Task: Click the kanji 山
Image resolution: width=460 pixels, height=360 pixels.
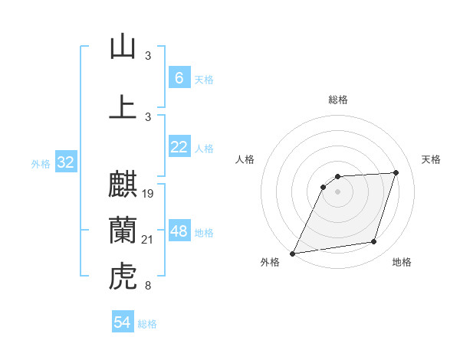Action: click(123, 47)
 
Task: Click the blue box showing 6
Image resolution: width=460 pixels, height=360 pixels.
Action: click(179, 78)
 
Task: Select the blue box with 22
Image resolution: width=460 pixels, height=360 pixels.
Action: click(179, 148)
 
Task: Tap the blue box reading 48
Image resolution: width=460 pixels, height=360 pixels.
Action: click(179, 232)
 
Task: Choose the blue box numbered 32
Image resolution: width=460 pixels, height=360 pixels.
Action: click(65, 163)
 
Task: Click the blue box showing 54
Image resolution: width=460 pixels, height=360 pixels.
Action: click(122, 323)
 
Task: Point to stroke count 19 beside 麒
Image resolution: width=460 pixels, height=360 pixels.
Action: click(149, 194)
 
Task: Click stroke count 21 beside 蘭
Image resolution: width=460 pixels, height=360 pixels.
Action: click(149, 241)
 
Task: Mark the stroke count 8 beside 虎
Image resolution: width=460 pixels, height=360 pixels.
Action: click(148, 286)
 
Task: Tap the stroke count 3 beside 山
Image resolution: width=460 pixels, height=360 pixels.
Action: click(148, 56)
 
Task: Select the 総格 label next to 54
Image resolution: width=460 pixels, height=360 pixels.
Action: click(147, 324)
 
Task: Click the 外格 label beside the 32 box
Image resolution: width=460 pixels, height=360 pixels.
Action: click(41, 164)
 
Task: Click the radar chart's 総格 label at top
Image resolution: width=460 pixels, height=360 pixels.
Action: click(338, 100)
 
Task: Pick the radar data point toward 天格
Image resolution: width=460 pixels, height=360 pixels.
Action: click(396, 172)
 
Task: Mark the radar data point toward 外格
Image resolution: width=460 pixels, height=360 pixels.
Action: click(292, 254)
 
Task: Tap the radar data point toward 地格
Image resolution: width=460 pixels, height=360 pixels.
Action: click(374, 242)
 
